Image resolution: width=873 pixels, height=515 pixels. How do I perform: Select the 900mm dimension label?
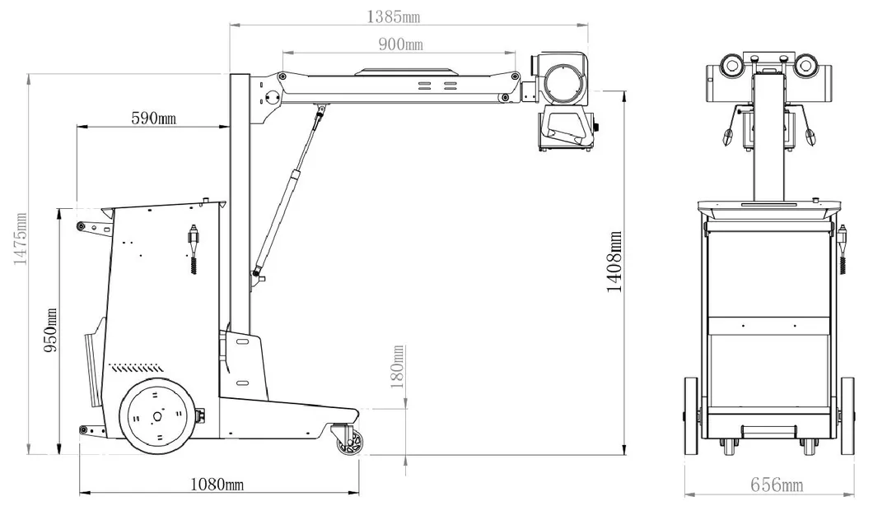(x=400, y=44)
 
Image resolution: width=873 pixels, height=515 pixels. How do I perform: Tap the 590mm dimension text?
(x=154, y=118)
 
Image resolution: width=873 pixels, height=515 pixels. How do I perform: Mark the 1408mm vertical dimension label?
(x=614, y=262)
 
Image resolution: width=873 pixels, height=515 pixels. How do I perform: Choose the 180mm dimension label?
(x=399, y=367)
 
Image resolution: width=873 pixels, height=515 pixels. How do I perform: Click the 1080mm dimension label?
(x=217, y=485)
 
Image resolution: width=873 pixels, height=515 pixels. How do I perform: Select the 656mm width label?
(x=776, y=485)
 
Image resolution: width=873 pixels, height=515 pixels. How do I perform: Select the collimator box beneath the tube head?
(x=565, y=130)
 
